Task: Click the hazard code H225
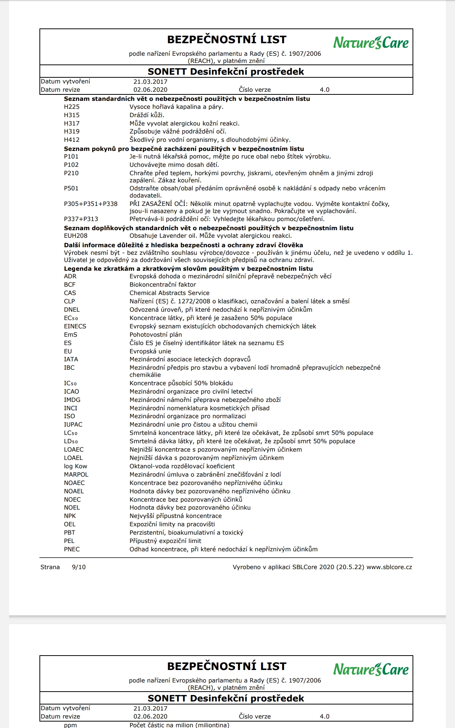point(72,107)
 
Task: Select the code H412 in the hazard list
point(72,140)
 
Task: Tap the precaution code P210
point(71,173)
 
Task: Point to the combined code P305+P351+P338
point(91,204)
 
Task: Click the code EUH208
point(75,236)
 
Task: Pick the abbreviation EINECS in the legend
point(75,326)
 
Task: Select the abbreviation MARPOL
point(76,475)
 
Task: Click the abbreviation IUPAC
point(73,425)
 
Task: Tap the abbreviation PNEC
point(72,549)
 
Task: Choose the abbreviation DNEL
point(72,310)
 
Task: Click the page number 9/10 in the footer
point(78,567)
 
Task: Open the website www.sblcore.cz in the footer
point(389,567)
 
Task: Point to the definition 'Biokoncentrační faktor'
point(163,285)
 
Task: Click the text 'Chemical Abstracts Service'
point(169,293)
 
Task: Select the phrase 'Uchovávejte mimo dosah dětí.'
point(174,165)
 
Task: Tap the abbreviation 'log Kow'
point(75,466)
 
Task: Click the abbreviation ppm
point(71,725)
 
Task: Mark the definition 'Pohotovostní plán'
point(156,335)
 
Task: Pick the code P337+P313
point(81,219)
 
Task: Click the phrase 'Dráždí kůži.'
point(147,115)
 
